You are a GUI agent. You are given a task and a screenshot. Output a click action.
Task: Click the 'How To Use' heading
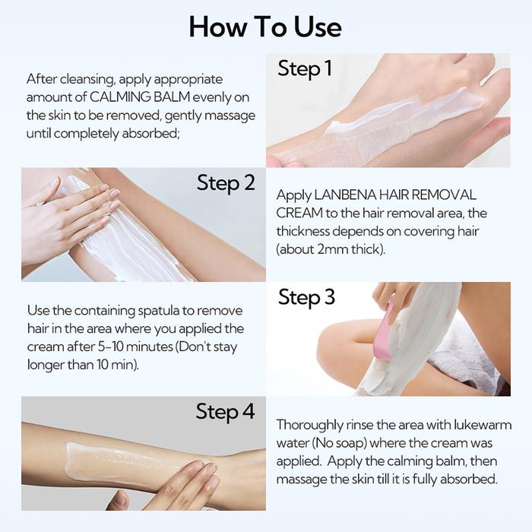pyautogui.click(x=265, y=27)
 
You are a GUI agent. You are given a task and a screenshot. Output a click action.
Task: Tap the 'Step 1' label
pyautogui.click(x=304, y=68)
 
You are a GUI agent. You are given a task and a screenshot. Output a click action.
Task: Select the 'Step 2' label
pyautogui.click(x=226, y=183)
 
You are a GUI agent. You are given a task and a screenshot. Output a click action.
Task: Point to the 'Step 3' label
pyautogui.click(x=306, y=298)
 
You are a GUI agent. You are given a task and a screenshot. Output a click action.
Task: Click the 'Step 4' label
pyautogui.click(x=225, y=412)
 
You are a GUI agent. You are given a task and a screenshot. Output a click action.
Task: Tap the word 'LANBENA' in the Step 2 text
pyautogui.click(x=344, y=195)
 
